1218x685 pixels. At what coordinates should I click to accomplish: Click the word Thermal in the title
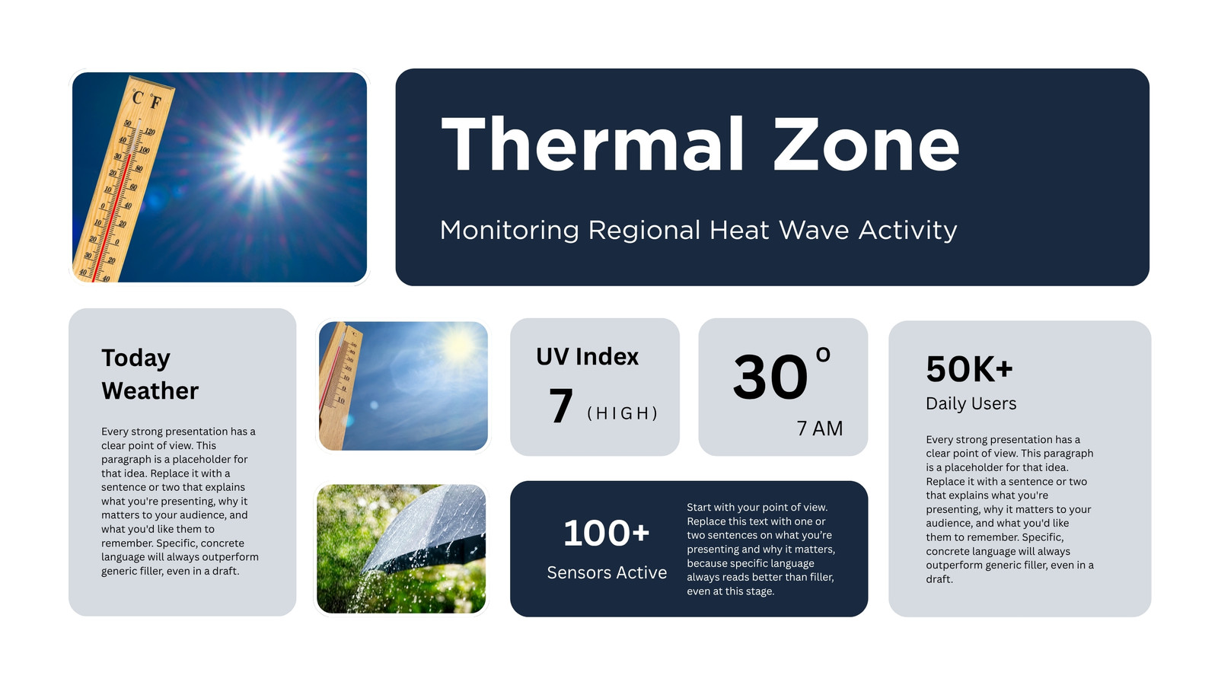(592, 145)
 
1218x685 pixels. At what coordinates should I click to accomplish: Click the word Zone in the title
(866, 145)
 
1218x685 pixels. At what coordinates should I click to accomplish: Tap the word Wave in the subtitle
(814, 230)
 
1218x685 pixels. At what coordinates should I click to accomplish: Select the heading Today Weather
(150, 374)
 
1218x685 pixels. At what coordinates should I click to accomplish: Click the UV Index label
(587, 357)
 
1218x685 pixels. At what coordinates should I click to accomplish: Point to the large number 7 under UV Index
(560, 405)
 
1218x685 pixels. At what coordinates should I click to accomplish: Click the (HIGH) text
(623, 413)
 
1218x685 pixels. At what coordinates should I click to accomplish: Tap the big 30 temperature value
(770, 376)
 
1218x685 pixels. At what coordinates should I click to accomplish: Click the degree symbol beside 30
(823, 355)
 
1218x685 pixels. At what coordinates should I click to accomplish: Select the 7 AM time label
(819, 429)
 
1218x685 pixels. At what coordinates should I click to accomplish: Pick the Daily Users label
(971, 403)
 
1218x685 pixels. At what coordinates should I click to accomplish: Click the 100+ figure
(606, 533)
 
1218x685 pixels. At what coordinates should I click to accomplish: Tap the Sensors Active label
(607, 572)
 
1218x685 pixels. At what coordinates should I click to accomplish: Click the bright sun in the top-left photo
(263, 157)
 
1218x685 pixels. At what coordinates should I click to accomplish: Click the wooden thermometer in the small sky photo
(338, 385)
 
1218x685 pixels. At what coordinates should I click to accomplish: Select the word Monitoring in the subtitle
(509, 231)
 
